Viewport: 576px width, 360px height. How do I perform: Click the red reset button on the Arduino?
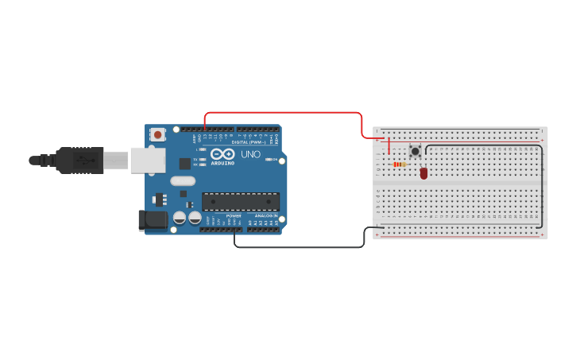click(157, 135)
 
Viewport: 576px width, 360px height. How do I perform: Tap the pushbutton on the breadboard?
click(415, 151)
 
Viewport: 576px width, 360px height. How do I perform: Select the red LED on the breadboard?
click(423, 172)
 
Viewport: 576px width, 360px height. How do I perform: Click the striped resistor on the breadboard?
click(400, 165)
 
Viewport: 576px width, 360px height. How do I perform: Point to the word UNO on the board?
click(250, 154)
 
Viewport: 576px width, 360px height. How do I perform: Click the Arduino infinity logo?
click(222, 153)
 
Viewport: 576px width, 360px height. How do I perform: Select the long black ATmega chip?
click(240, 202)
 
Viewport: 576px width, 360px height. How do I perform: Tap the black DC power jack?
click(153, 220)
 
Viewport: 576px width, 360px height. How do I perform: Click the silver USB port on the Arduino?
click(148, 160)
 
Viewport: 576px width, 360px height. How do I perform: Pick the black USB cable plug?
click(79, 160)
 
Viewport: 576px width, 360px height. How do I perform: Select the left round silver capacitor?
click(180, 217)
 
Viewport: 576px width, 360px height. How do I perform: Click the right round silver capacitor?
click(195, 217)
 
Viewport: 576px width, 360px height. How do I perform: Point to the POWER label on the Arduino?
click(234, 215)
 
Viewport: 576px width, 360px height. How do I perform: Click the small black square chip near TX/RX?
click(185, 164)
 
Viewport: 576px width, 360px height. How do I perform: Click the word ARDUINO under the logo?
click(222, 163)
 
